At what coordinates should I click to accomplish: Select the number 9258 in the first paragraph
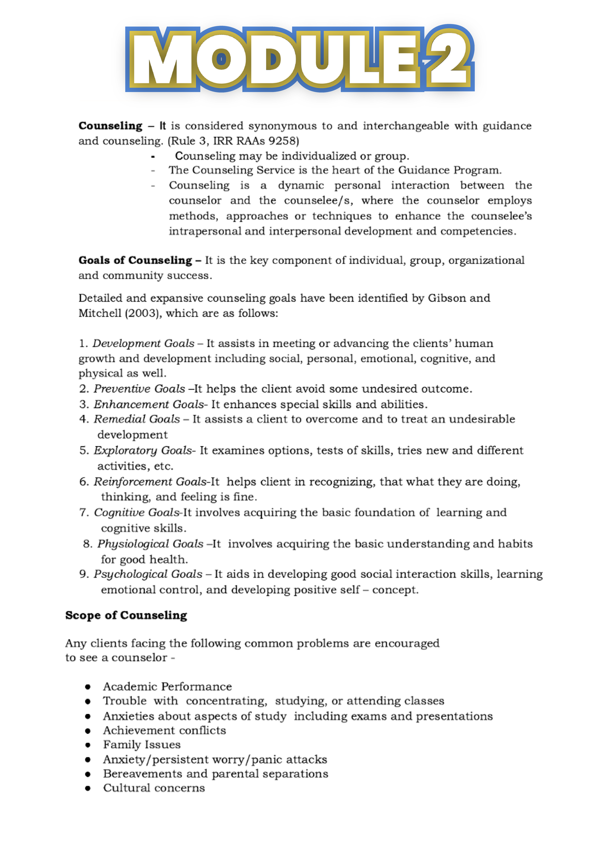[x=282, y=141]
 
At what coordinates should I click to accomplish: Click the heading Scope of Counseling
[x=126, y=615]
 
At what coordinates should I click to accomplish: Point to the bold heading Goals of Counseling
[x=135, y=260]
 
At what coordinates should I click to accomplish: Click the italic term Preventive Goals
[x=140, y=389]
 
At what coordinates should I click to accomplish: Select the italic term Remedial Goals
[x=137, y=419]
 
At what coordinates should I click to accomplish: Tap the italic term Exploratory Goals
[x=143, y=451]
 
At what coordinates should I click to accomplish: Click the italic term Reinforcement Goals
[x=150, y=482]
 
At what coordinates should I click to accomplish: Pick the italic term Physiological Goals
[x=150, y=544]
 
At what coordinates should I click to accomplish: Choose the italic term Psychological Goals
[x=148, y=574]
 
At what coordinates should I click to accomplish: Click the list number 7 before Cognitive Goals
[x=83, y=512]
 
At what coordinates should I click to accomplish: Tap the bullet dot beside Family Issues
[x=88, y=745]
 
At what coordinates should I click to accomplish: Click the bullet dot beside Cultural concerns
[x=88, y=789]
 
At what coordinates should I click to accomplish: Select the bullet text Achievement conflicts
[x=164, y=730]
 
